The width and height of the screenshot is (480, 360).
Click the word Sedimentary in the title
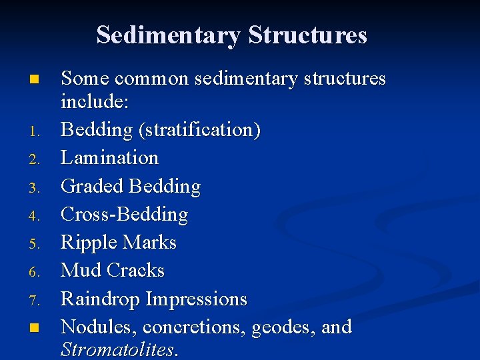pos(169,35)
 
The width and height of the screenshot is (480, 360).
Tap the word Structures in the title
pos(307,35)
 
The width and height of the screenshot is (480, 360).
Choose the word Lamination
pos(110,158)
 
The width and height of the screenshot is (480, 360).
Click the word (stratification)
pos(199,130)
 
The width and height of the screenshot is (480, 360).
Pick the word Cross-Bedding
pos(125,215)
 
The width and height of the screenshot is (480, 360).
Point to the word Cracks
pos(135,271)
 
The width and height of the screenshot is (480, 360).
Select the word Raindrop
pos(101,299)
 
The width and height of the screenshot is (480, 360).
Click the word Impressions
pos(197,299)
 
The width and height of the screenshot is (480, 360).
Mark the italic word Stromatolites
pos(117,349)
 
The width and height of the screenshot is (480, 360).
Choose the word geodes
pos(281,327)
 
